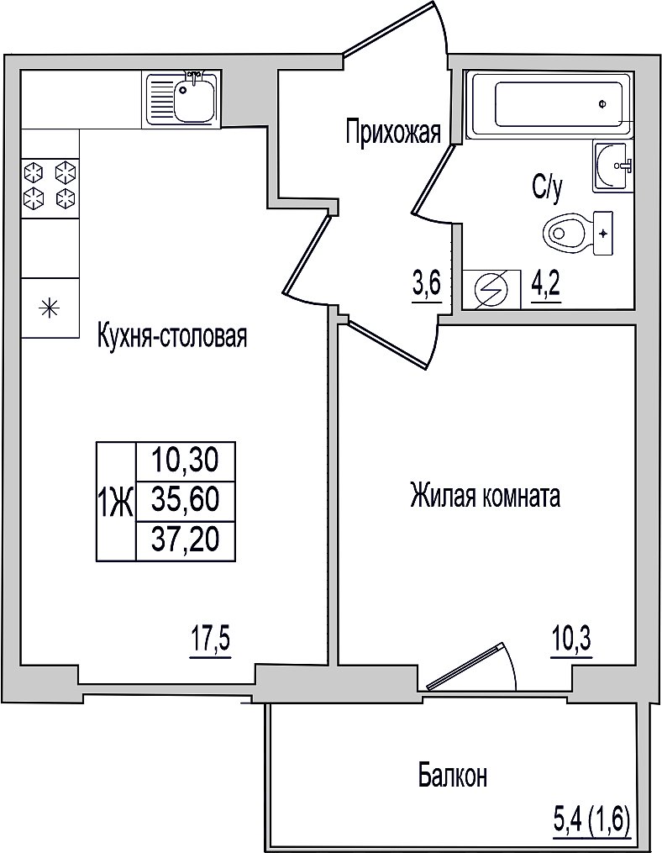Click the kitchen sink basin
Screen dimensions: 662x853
pos(195,100)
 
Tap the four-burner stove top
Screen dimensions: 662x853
pos(49,185)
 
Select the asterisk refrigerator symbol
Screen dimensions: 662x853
pos(50,308)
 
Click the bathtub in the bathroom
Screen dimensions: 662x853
pos(551,103)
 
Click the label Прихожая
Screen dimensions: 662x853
pos(394,132)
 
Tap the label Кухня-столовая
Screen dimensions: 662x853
pos(172,335)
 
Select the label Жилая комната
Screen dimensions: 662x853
pos(486,496)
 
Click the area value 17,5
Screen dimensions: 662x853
pos(211,639)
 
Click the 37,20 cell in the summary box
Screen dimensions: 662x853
pos(186,540)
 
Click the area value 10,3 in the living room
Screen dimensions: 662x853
pos(570,639)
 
